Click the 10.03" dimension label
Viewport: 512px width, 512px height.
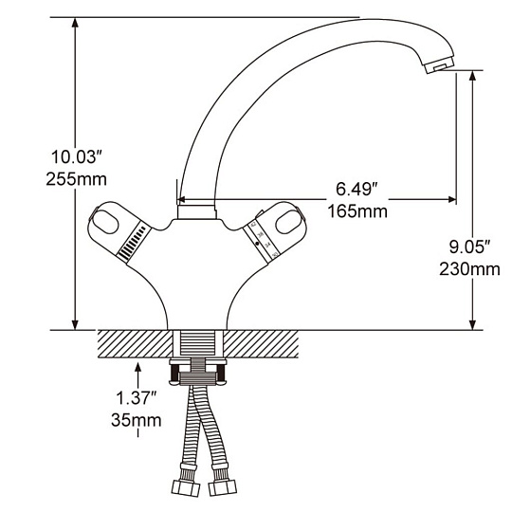[x=75, y=156]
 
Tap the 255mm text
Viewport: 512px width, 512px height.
[x=77, y=179]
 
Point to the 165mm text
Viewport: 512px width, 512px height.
[x=357, y=210]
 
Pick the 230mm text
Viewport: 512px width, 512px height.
[x=469, y=269]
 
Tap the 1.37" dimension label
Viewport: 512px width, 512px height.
[x=137, y=397]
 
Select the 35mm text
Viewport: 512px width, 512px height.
[x=137, y=420]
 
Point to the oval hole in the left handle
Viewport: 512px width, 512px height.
[x=105, y=222]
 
